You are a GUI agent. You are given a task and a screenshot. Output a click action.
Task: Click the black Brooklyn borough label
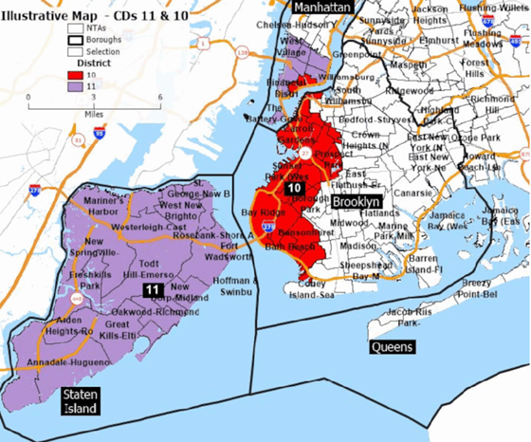[x=357, y=202]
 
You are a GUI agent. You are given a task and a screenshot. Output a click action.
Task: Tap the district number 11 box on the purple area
[x=152, y=288]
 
